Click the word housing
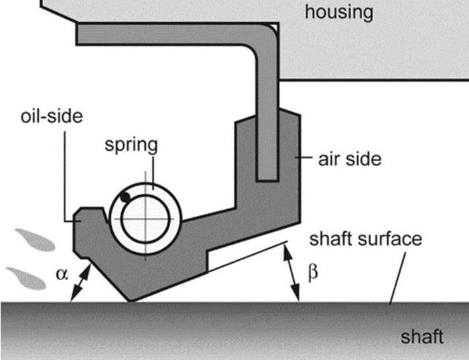coord(338,11)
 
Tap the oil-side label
coord(51,117)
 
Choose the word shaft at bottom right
coord(422,336)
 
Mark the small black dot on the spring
coord(125,197)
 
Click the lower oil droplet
coord(26,277)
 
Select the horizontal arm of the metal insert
coord(167,34)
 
